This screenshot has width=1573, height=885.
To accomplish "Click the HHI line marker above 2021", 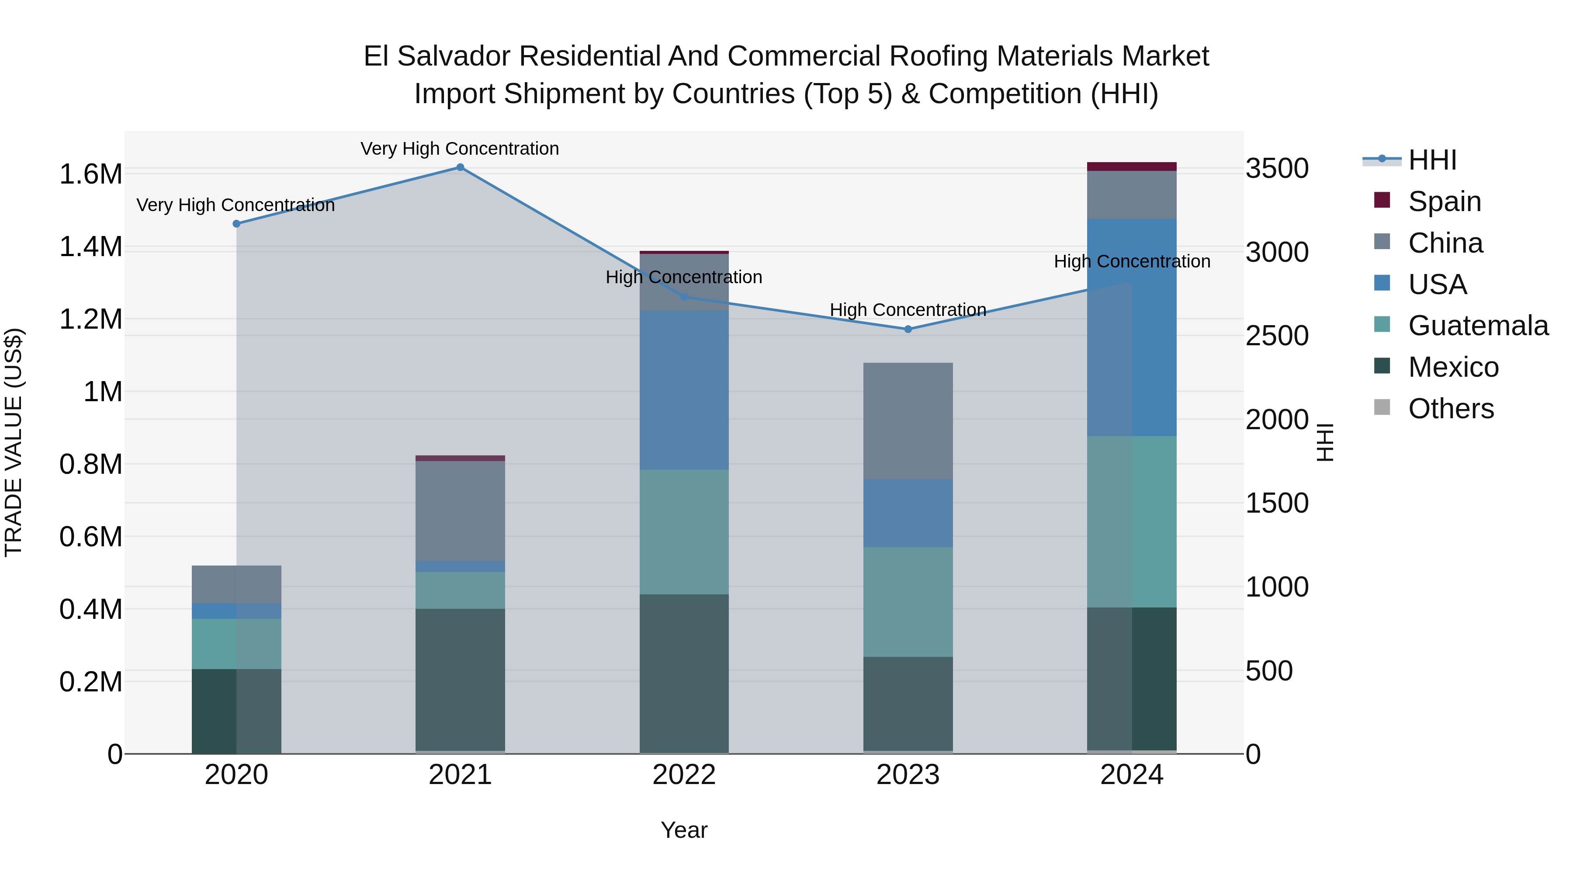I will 461,167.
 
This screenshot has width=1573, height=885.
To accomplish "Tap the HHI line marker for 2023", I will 908,329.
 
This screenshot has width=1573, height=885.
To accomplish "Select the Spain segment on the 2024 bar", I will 1132,167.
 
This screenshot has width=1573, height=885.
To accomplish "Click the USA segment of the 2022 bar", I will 684,390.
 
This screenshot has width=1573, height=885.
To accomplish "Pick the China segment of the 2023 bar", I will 908,421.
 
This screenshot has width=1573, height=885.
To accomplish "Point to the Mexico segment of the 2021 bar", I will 461,679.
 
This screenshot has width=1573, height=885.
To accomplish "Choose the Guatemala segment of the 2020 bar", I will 236,644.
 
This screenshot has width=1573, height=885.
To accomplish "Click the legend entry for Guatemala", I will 1478,326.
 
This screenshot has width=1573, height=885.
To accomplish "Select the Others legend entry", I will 1451,409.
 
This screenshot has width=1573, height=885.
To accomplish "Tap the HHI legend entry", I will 1432,160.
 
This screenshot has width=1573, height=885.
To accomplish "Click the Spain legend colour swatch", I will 1382,200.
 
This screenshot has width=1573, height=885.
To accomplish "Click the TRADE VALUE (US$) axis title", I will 14,442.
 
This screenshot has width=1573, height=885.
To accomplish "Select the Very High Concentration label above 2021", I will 460,149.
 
